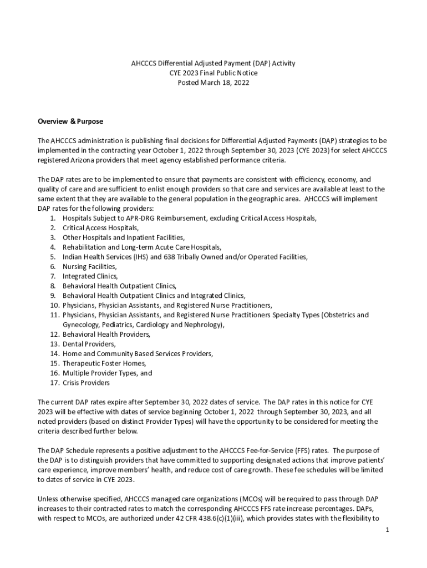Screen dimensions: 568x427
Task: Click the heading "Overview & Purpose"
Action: click(x=70, y=121)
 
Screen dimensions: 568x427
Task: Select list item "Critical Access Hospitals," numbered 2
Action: click(x=100, y=227)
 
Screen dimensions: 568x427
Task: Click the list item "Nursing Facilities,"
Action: click(x=89, y=266)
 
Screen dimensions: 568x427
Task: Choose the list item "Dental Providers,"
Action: click(x=89, y=344)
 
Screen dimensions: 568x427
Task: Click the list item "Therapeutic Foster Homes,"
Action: click(x=104, y=363)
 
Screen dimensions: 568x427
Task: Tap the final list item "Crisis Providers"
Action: click(x=86, y=383)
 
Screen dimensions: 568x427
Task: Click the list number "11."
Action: click(x=54, y=315)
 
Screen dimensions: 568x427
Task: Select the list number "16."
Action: click(x=54, y=373)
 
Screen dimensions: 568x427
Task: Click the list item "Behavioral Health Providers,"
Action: click(x=106, y=334)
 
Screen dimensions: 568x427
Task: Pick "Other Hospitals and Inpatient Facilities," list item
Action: click(x=124, y=237)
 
